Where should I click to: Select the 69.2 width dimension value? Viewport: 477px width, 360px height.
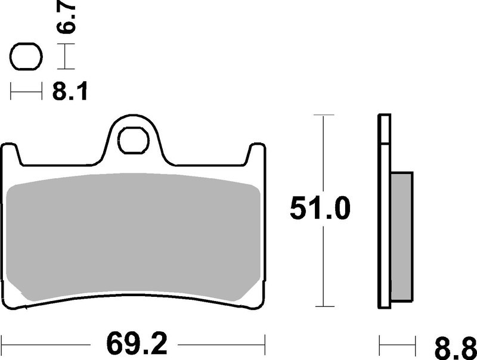pos(135,344)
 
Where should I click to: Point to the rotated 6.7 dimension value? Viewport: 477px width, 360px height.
pos(66,20)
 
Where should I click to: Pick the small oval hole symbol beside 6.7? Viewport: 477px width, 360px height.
pos(26,58)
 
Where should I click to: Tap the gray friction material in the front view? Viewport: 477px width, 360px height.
pos(134,238)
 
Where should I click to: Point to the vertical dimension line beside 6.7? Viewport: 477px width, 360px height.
pos(65,58)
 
